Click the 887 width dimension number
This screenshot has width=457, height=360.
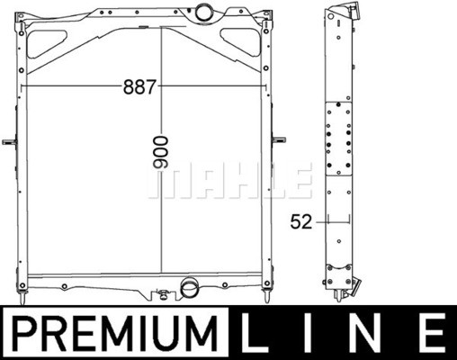pos(140,87)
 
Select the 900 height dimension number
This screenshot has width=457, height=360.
pos(161,151)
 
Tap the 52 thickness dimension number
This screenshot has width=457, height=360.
pos(301,222)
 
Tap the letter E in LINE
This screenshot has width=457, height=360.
pos(431,333)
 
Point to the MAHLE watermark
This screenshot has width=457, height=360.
pos(230,181)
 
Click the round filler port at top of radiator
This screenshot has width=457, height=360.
pos(204,11)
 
